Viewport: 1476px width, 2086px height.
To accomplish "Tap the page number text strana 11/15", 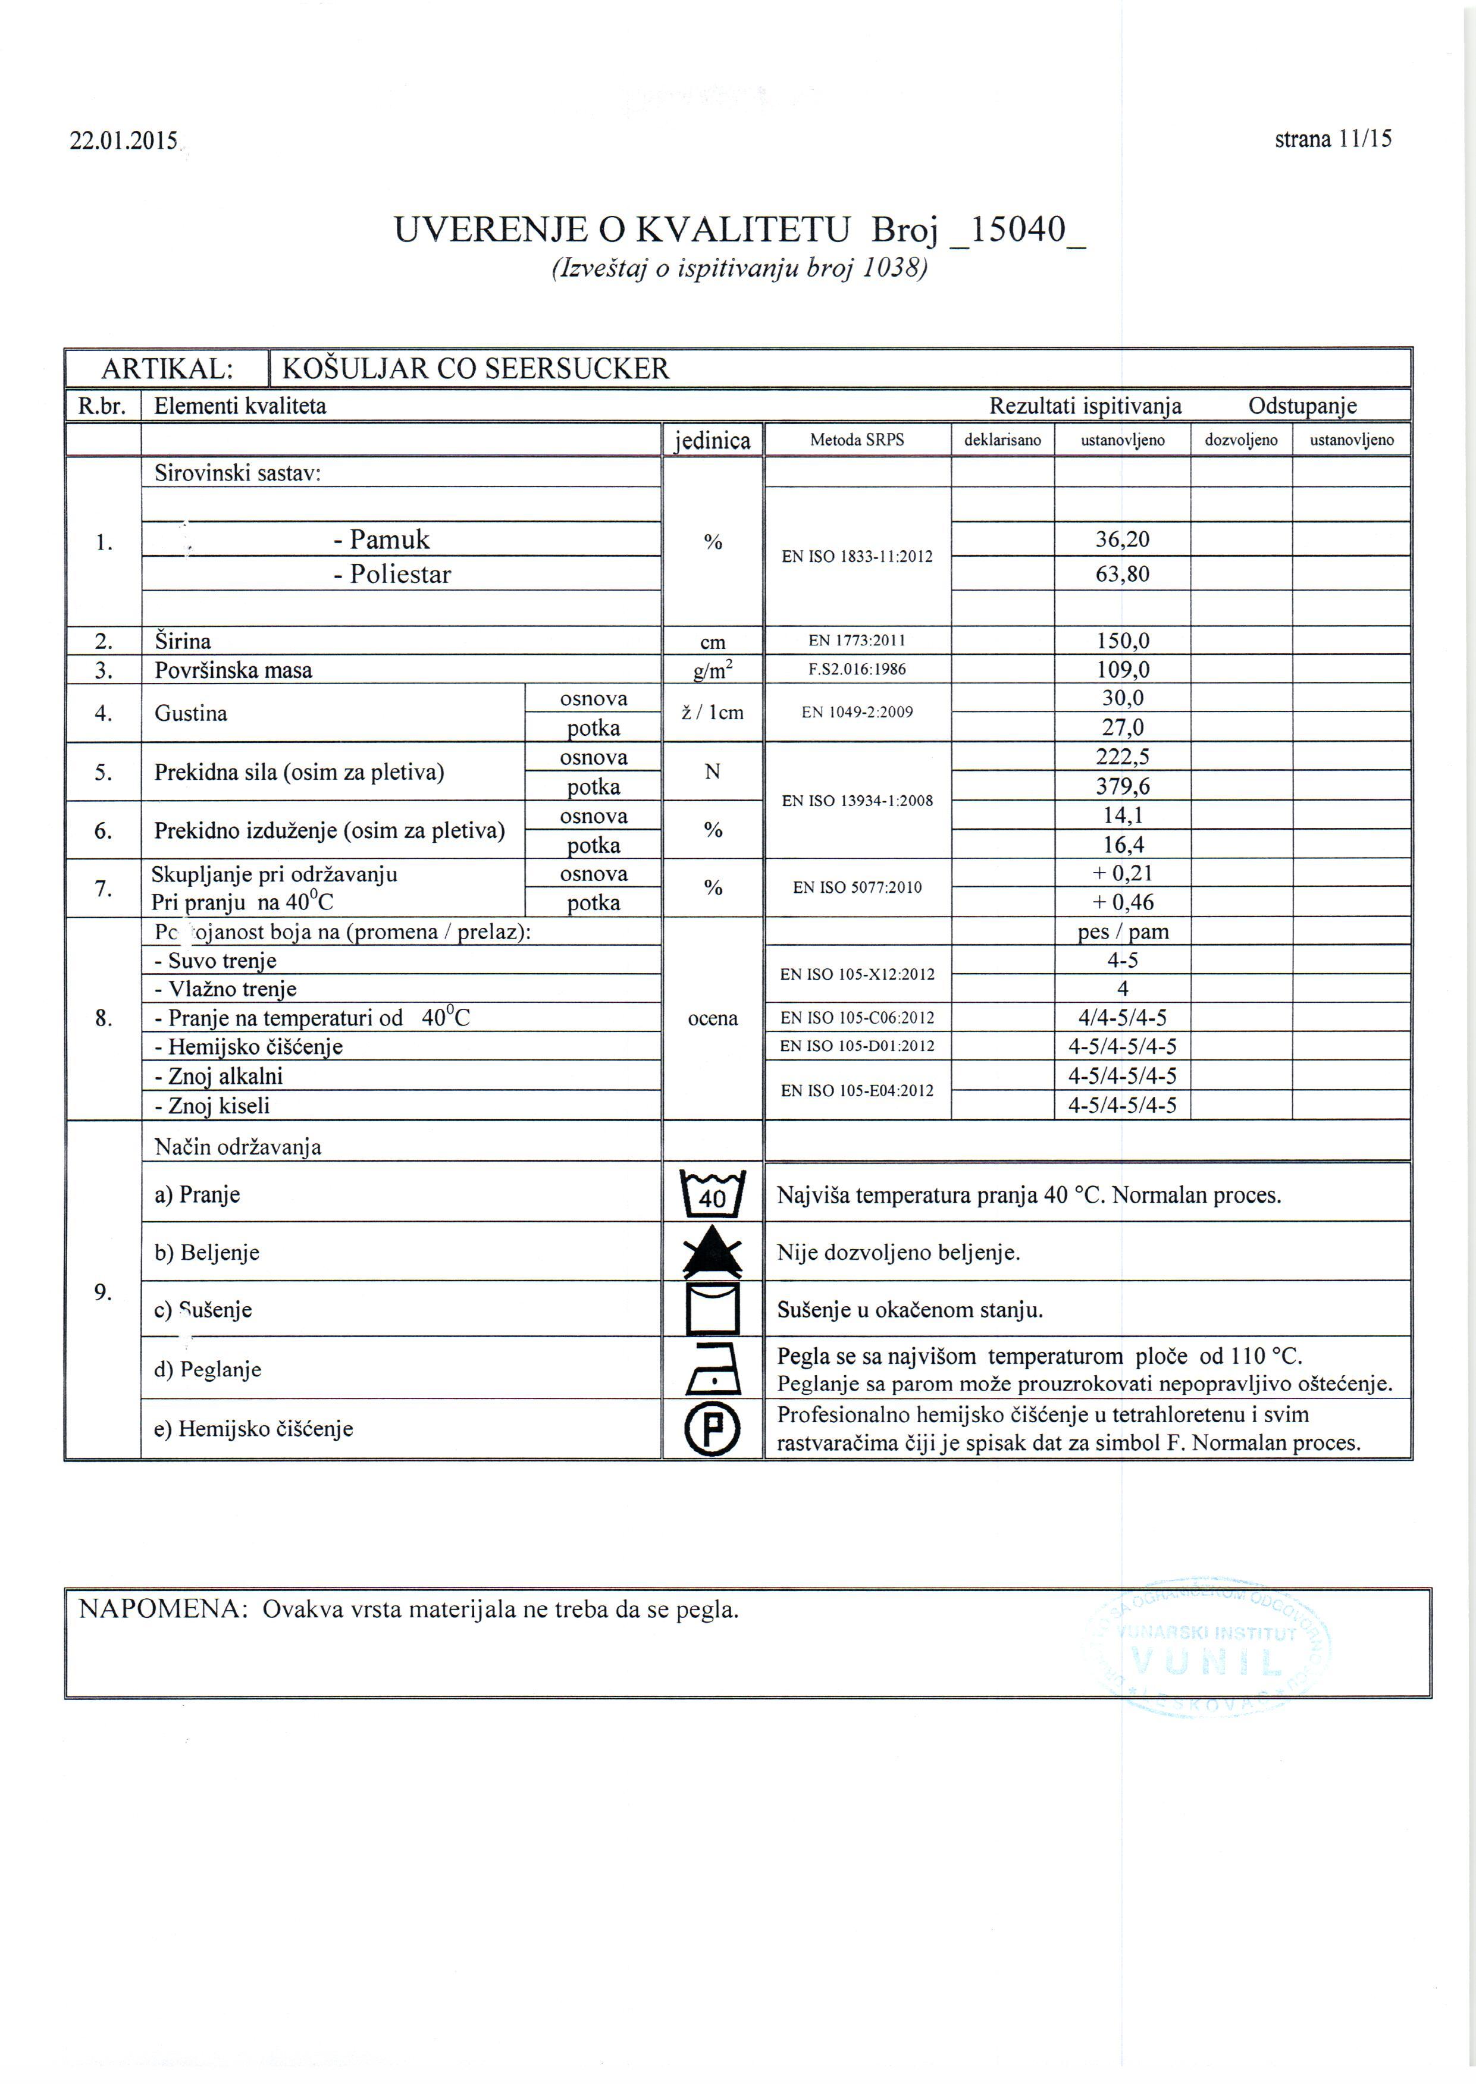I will coord(1333,139).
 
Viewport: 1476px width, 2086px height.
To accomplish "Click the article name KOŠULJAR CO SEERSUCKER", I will coord(475,369).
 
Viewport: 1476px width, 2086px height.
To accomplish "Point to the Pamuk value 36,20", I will coord(1123,539).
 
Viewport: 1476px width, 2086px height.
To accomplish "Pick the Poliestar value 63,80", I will coord(1123,574).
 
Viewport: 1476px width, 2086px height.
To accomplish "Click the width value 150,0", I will coord(1123,641).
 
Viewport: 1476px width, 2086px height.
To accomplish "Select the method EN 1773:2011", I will coord(857,641).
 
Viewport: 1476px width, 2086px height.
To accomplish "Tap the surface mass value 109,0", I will coord(1123,670).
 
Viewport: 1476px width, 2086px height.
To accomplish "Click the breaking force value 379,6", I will coord(1123,787).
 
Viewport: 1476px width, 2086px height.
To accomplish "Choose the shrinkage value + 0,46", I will coord(1123,903).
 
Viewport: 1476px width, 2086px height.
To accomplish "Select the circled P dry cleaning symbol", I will coord(713,1429).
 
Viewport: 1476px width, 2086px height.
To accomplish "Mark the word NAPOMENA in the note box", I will coord(162,1610).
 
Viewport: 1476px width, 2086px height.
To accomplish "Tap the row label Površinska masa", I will coord(233,670).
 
